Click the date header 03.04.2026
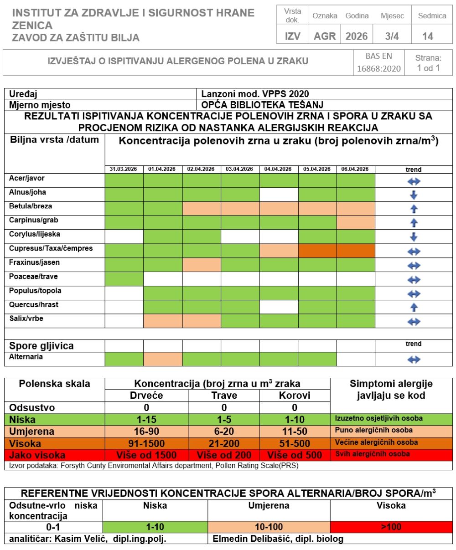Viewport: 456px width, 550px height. pos(239,169)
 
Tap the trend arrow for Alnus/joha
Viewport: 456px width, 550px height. pos(413,195)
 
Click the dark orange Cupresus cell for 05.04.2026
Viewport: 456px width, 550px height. pos(317,250)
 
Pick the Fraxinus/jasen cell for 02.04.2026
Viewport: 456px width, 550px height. pos(202,264)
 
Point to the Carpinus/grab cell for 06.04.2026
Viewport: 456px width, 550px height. pos(356,222)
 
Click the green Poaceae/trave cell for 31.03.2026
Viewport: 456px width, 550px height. pos(124,278)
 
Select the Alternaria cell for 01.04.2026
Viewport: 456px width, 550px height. pos(163,359)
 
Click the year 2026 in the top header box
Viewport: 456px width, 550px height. pos(357,36)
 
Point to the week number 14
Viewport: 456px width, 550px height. pos(428,36)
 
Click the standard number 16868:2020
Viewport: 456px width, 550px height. pos(378,69)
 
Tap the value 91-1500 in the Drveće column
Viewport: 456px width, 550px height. pos(147,443)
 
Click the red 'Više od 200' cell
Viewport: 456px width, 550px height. pos(224,455)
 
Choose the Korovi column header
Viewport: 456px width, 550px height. pos(295,396)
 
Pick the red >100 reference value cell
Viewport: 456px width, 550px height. pos(391,527)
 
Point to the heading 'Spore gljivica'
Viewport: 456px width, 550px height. pos(41,346)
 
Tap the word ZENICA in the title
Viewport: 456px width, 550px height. pos(32,26)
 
